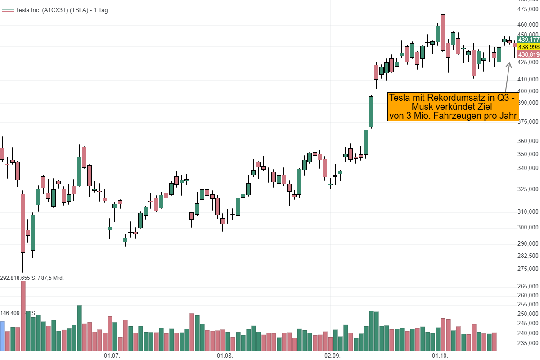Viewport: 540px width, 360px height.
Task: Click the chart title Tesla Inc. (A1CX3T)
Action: click(54, 10)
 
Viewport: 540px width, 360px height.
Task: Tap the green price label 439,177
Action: click(528, 40)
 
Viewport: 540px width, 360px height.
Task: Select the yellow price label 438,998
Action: click(528, 47)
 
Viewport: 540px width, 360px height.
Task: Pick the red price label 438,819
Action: click(528, 54)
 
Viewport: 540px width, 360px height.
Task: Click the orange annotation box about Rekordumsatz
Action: click(454, 107)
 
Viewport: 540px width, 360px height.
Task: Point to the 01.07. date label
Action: click(112, 355)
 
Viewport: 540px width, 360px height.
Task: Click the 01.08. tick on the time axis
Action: click(225, 355)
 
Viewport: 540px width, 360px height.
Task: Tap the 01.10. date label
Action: click(440, 355)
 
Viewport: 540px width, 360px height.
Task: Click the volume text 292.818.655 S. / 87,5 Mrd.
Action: click(32, 278)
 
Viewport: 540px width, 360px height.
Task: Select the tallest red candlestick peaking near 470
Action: click(443, 32)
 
